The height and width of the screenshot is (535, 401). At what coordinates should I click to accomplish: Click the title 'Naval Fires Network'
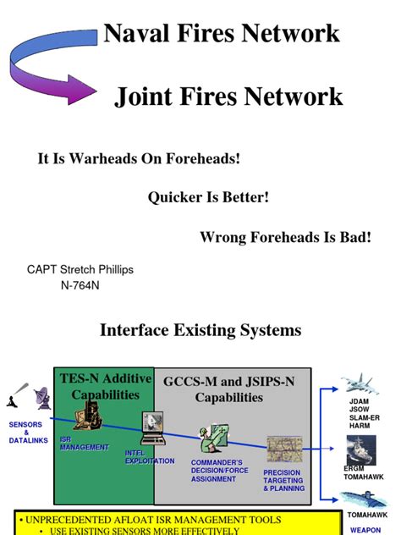(x=221, y=34)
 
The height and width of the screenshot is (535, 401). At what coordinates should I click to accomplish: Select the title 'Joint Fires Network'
(x=228, y=97)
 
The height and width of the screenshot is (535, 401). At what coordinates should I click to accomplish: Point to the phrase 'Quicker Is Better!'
(x=208, y=197)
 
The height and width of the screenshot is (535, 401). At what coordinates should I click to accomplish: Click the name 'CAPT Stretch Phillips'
(x=80, y=270)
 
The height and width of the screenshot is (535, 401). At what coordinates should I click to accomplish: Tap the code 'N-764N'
(x=81, y=286)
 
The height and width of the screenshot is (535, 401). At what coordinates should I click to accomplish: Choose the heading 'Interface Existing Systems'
(x=200, y=329)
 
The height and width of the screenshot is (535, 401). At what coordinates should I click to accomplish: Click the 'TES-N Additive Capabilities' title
(x=105, y=387)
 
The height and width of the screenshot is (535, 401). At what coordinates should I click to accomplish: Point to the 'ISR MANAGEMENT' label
(x=84, y=444)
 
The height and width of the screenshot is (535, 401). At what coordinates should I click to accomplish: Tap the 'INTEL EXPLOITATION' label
(x=149, y=457)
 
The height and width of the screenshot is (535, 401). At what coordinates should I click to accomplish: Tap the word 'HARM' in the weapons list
(x=359, y=426)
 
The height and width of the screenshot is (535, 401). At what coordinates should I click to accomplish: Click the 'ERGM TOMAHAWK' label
(x=363, y=472)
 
